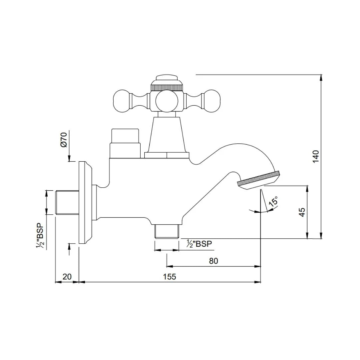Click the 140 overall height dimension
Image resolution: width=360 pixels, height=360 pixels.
coord(316,156)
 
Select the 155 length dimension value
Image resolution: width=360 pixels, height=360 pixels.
coord(170,276)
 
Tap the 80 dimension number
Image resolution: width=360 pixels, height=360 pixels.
coord(213,261)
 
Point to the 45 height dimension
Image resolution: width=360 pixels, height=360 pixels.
coord(302,212)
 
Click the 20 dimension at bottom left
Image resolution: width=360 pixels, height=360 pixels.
coord(67,276)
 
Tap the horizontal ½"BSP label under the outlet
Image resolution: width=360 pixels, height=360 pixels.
coord(199,244)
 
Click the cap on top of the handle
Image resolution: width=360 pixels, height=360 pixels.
coord(166,80)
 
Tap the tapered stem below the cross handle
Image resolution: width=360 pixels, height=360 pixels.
coord(166,133)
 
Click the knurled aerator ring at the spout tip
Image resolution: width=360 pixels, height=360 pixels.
coord(258,179)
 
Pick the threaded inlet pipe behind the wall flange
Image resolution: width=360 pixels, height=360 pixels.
coord(66,202)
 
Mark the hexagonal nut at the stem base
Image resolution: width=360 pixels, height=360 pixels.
coord(166,155)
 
